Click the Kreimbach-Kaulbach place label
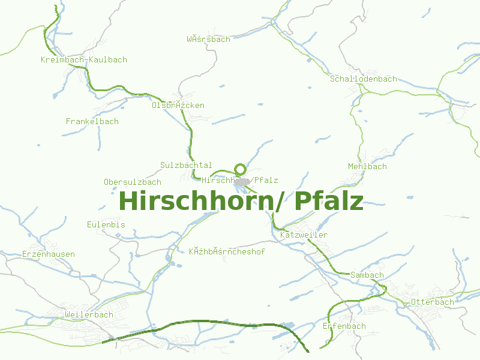84,60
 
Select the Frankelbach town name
92,121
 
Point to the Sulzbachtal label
186,165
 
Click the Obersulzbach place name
133,182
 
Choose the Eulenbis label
106,224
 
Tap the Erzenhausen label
49,254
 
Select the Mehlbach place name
367,166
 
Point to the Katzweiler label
304,235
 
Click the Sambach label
367,275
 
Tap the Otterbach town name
432,302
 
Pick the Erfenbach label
344,326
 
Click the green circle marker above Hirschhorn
241,169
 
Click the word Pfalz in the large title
329,201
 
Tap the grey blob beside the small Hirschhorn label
242,181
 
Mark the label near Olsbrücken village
178,105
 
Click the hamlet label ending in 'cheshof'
227,251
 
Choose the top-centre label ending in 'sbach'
208,40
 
